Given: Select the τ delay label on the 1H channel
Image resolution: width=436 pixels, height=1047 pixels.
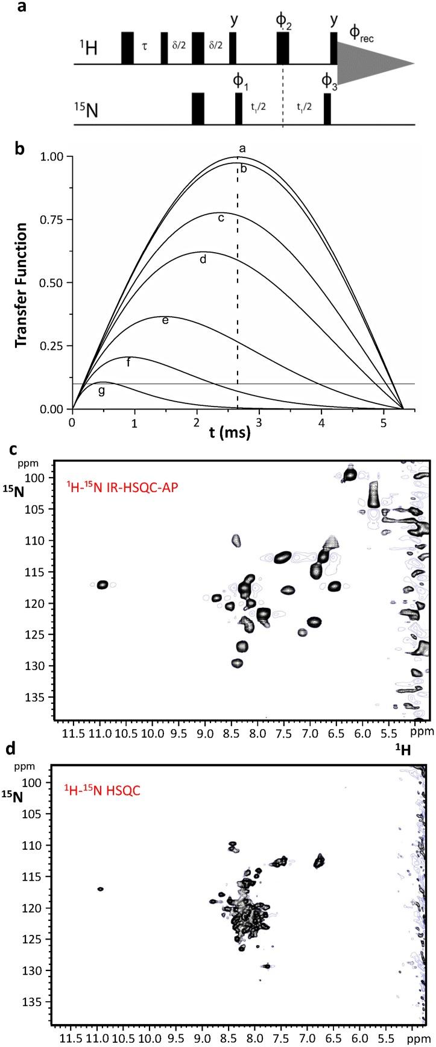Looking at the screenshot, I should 145,47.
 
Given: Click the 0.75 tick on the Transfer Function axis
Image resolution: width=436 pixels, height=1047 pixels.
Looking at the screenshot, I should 52,220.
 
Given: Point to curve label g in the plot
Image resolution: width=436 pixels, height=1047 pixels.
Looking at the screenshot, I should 101,391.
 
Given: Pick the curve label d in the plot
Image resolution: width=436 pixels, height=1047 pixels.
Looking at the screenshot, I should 203,259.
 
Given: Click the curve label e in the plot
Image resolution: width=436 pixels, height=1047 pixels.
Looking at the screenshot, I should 165,320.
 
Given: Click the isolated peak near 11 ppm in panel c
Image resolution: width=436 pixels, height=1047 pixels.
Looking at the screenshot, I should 102,584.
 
